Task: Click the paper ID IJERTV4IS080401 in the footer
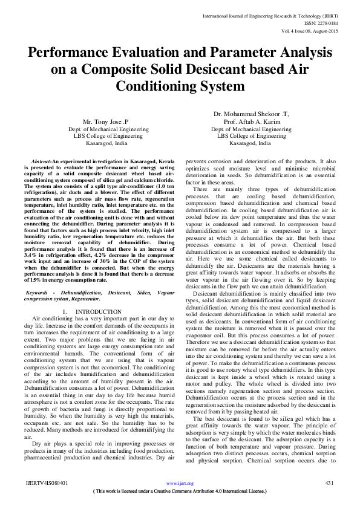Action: [47, 484]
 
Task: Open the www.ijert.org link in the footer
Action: [180, 484]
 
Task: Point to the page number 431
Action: [330, 484]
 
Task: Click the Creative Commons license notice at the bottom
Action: [180, 492]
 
